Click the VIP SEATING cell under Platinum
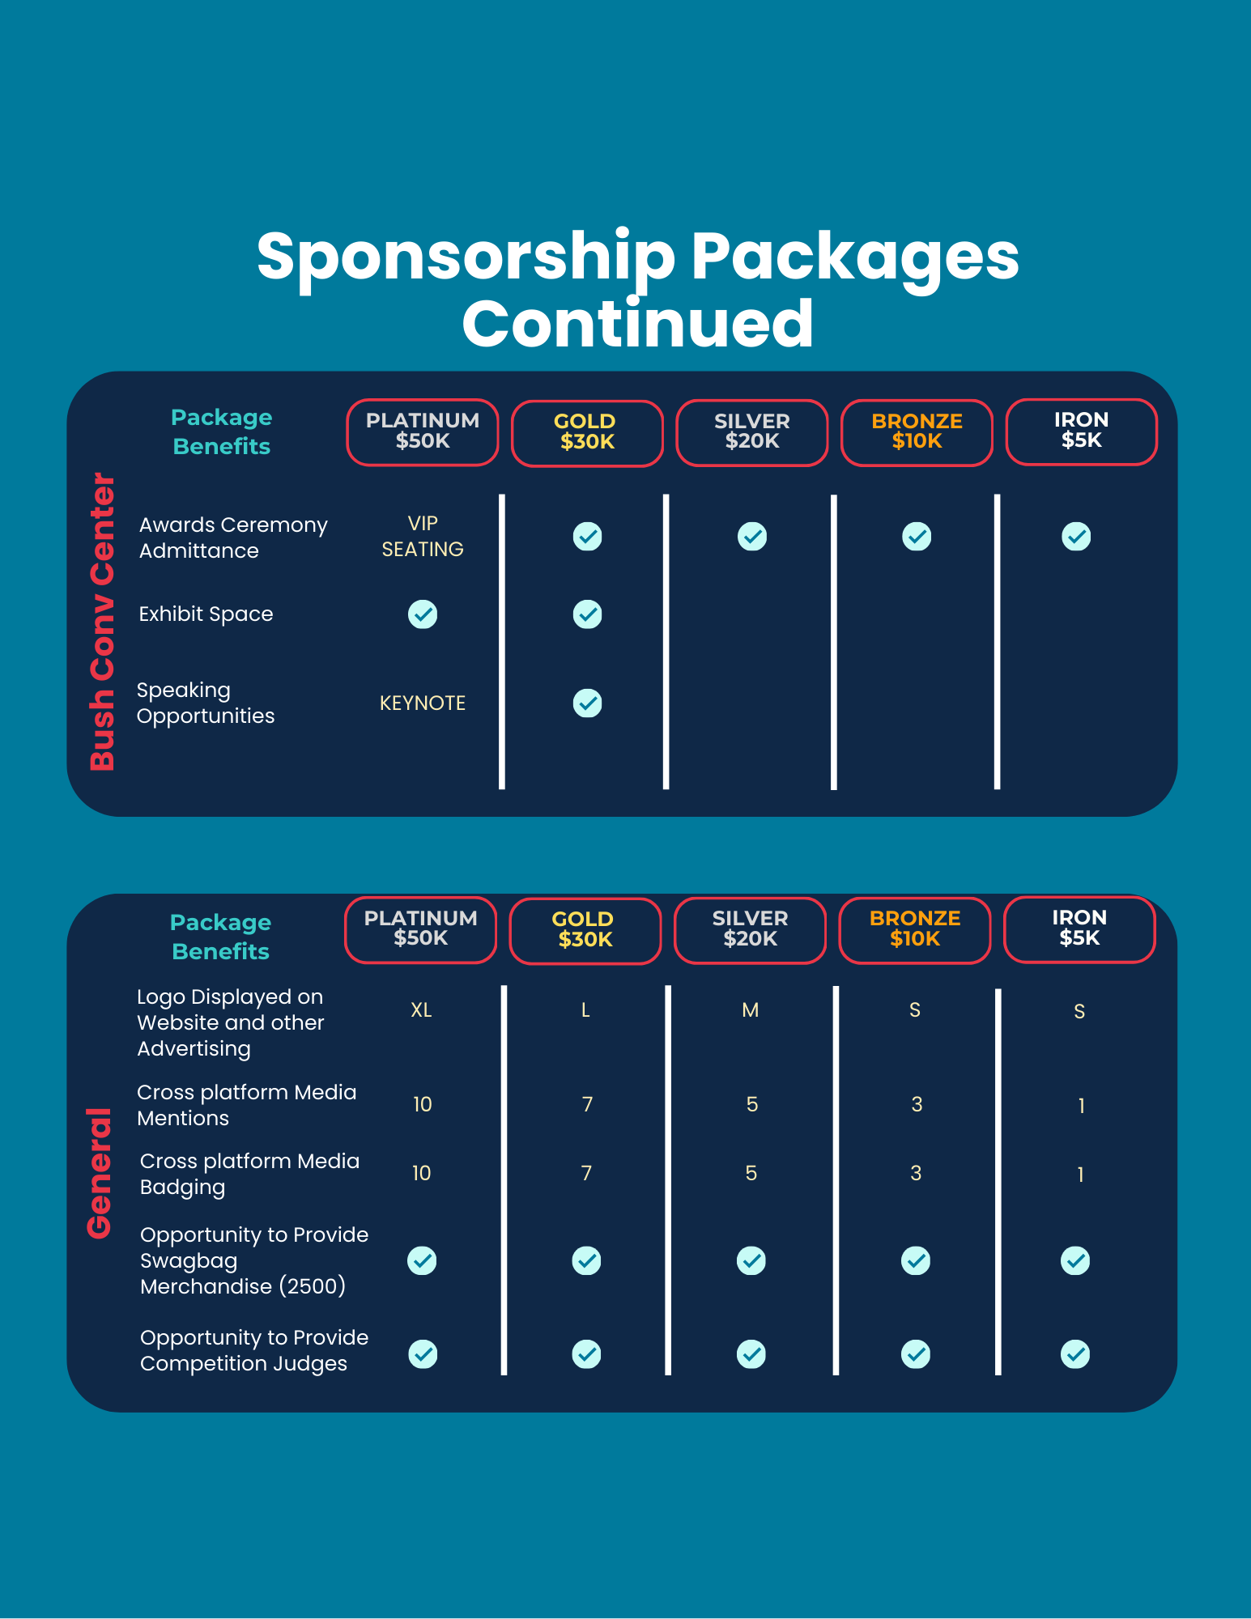[423, 536]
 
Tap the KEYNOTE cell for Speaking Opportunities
[423, 703]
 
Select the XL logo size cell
[421, 1009]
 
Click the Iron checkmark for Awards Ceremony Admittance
[1076, 536]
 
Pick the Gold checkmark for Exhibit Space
[587, 614]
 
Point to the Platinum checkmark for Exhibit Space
[423, 614]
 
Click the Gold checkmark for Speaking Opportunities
[587, 703]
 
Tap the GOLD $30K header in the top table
[587, 432]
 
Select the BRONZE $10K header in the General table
[915, 929]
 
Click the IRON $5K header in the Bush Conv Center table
[1082, 431]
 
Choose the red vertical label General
[99, 1173]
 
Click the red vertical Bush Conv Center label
[103, 621]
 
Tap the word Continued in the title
[638, 324]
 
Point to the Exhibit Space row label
[206, 614]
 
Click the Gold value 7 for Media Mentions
[587, 1104]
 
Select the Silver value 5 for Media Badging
[751, 1173]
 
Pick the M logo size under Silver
[751, 1009]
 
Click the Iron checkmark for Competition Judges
[1075, 1353]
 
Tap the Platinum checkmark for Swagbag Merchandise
[423, 1260]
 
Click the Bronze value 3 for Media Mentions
[917, 1104]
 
